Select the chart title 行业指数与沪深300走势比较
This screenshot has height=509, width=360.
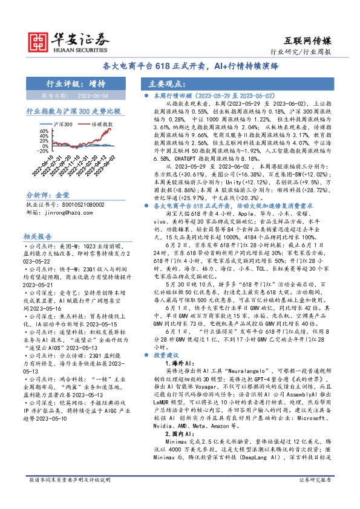tap(73, 111)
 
